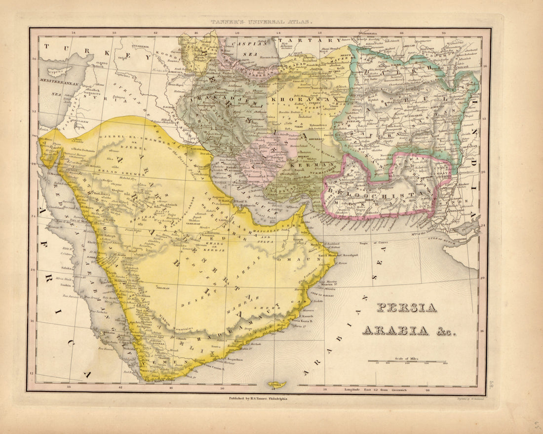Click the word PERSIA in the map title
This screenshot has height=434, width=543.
pyautogui.click(x=407, y=308)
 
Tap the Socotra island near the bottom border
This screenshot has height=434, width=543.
pyautogui.click(x=277, y=384)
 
